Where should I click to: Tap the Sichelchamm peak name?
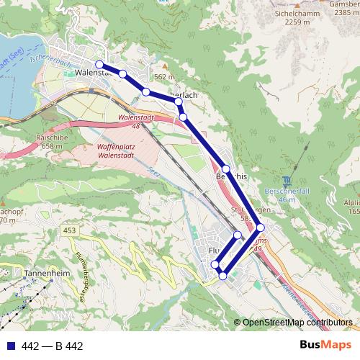pyautogui.click(x=297, y=13)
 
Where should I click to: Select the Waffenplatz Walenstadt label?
pyautogui.click(x=116, y=150)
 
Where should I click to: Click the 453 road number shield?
pyautogui.click(x=69, y=230)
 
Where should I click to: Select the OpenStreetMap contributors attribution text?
pyautogui.click(x=297, y=323)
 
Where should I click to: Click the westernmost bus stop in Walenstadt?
pyautogui.click(x=99, y=65)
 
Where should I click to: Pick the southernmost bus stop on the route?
pyautogui.click(x=222, y=276)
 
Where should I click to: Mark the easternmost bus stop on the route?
pyautogui.click(x=260, y=227)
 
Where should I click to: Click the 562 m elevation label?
pyautogui.click(x=164, y=77)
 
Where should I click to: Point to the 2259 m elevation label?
pyautogui.click(x=297, y=22)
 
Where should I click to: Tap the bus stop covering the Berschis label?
pyautogui.click(x=225, y=169)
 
